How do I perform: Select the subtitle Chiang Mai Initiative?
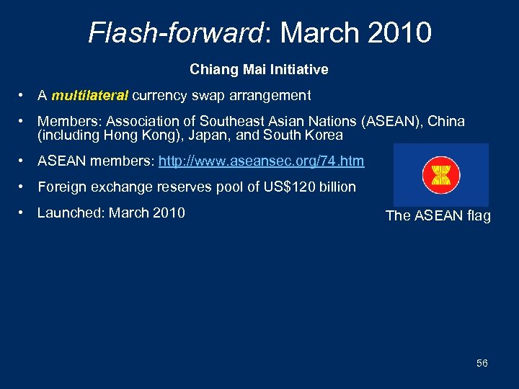(x=259, y=70)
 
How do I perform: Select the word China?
(x=447, y=121)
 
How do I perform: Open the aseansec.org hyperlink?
(x=261, y=161)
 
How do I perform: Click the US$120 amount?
(x=293, y=187)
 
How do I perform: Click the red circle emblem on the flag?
(x=441, y=175)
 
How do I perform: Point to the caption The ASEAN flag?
(x=438, y=216)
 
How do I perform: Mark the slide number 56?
(x=482, y=363)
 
